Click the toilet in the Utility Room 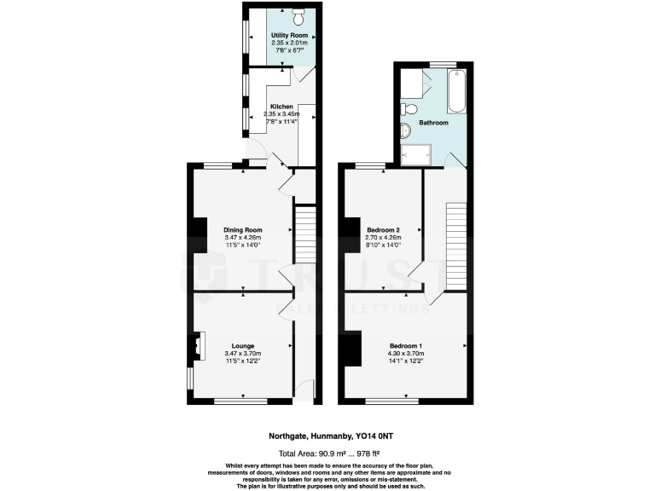click(x=299, y=16)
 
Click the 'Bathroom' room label click(x=434, y=124)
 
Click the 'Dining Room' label click(x=242, y=230)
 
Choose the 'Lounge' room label click(x=242, y=346)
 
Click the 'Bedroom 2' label click(x=383, y=230)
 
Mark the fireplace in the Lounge click(x=197, y=344)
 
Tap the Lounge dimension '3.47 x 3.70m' click(x=242, y=354)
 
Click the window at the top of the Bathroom click(x=442, y=65)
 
